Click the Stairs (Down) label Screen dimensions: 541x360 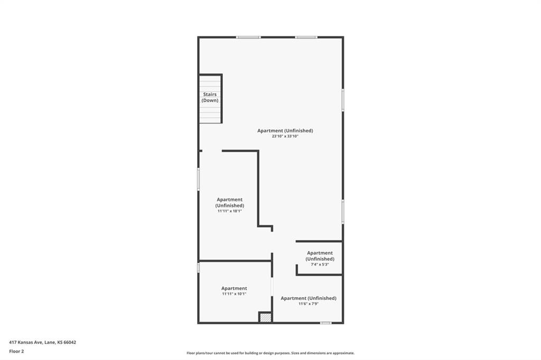coord(210,97)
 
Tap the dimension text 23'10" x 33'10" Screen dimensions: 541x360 coord(285,136)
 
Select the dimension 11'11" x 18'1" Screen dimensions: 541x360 coord(229,211)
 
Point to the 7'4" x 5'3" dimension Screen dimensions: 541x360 coord(320,264)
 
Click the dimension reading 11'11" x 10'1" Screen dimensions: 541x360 coord(234,294)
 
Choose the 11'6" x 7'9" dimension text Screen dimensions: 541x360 coord(309,304)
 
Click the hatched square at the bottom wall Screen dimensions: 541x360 coord(265,317)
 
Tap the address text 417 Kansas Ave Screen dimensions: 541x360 coord(26,343)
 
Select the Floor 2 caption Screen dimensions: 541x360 coord(16,352)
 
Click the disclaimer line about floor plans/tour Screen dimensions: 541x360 coord(270,353)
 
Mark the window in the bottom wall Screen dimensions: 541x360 coord(325,323)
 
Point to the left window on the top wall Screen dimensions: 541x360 coord(248,37)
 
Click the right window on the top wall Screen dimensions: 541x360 coord(306,37)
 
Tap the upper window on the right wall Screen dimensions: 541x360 coord(343,100)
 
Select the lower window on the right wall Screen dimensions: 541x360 coord(343,211)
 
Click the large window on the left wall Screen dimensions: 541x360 coord(199,179)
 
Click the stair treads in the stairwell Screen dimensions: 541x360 coord(210,99)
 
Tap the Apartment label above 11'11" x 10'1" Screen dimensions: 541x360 coord(234,288)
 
